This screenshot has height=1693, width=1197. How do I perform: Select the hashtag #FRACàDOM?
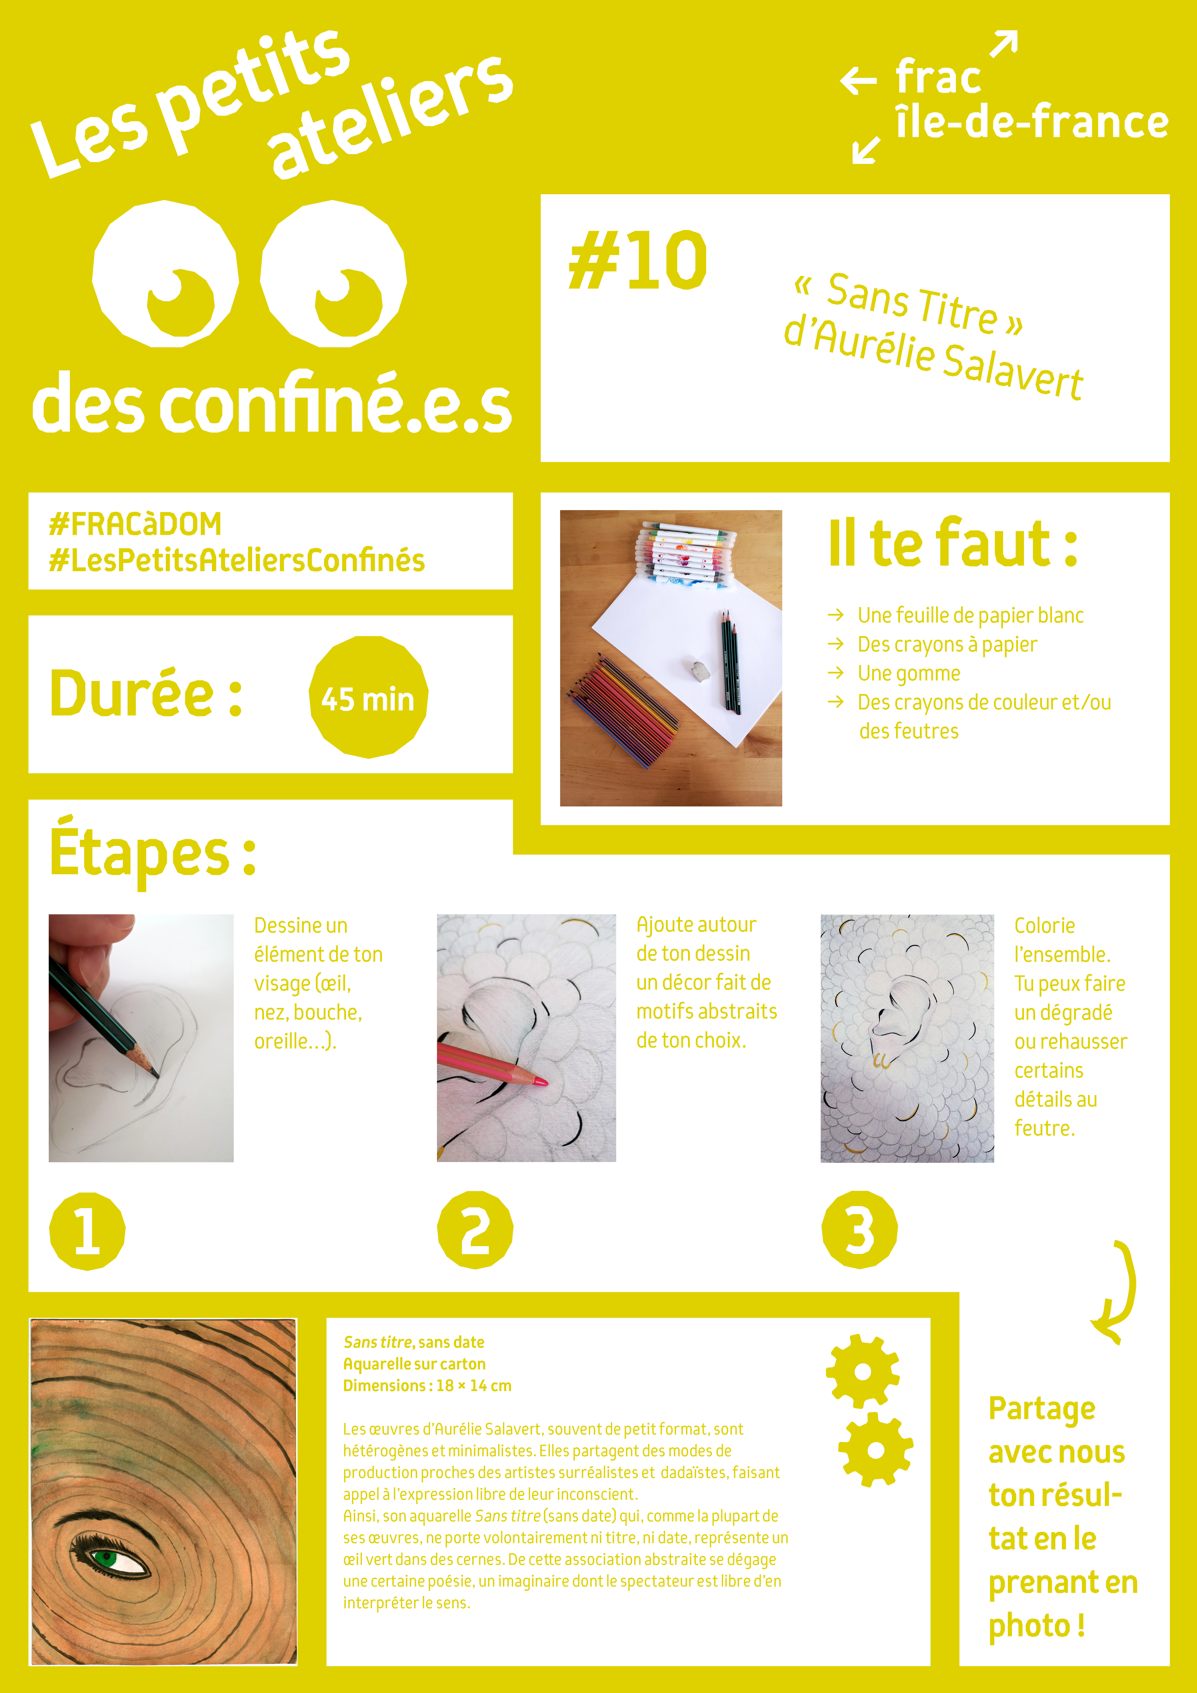click(x=135, y=524)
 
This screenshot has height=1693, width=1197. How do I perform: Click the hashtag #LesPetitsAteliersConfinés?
click(x=237, y=560)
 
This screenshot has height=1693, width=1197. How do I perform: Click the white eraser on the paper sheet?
click(x=700, y=670)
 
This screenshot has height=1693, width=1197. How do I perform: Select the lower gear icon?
click(x=875, y=1450)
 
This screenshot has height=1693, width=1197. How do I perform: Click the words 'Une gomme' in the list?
click(x=909, y=673)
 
